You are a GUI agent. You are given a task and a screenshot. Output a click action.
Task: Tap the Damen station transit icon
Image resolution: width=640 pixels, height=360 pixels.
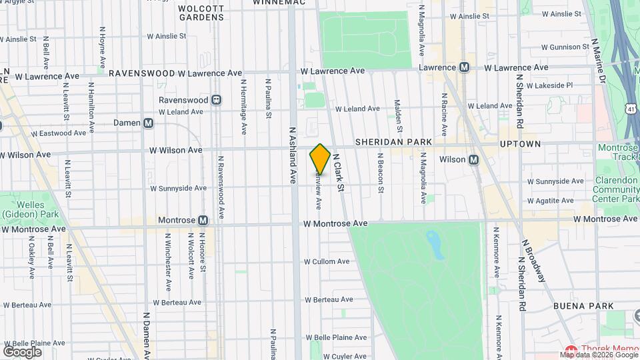point(148,123)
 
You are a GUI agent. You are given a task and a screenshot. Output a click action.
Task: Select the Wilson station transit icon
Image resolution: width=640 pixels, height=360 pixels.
point(474,160)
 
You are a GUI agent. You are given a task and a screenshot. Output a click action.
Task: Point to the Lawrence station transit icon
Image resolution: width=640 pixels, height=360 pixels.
point(465,67)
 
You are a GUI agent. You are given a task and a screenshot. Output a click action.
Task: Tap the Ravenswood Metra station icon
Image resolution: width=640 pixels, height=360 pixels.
point(217,100)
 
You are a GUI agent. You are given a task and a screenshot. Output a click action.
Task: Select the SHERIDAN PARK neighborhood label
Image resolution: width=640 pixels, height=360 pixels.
point(393,143)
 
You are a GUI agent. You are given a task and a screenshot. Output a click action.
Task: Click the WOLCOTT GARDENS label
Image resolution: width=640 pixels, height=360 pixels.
point(201,13)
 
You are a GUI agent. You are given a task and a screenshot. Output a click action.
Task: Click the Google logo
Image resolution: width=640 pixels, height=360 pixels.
point(22,351)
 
